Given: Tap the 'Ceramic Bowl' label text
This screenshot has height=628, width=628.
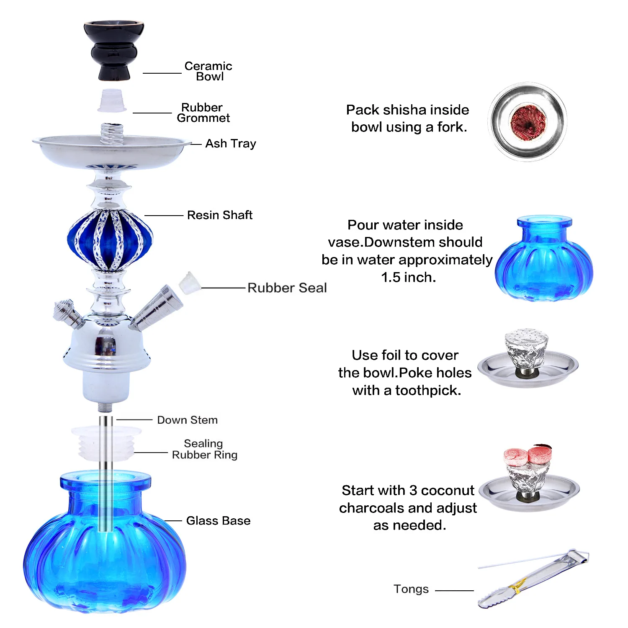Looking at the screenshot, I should point(208,71).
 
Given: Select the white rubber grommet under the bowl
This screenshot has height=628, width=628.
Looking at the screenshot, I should point(112,101).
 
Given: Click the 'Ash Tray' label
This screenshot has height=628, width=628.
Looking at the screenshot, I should point(230,144).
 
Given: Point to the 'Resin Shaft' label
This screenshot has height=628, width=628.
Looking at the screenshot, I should point(219,215).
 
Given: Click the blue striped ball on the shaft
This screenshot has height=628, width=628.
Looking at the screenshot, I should point(110,240).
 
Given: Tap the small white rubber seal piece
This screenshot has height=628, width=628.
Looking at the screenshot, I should point(189,283).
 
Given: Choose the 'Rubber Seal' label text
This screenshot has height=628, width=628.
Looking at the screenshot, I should point(287,288).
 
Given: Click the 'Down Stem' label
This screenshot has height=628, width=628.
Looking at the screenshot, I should point(187,420).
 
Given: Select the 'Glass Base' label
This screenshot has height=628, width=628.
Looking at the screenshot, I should point(218,521).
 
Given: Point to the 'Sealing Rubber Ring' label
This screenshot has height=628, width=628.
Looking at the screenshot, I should point(204,449).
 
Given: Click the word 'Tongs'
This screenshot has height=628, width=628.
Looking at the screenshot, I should point(411,589).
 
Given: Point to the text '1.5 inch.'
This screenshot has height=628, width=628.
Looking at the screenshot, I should point(409,277).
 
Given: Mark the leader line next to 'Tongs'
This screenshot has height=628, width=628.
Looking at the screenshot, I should point(454,591).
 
